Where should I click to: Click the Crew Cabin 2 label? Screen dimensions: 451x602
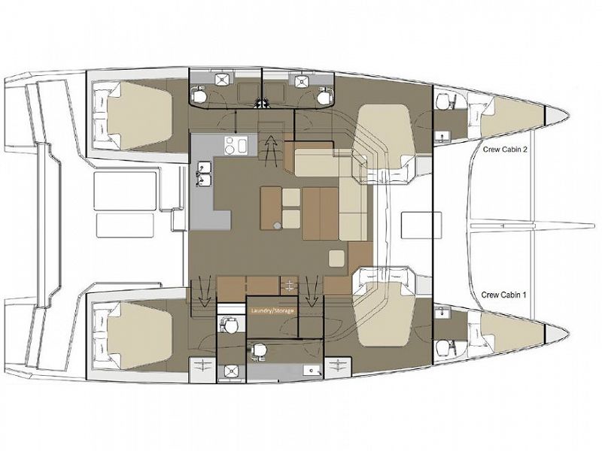pyautogui.click(x=503, y=150)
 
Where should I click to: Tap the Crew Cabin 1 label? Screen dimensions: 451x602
pyautogui.click(x=503, y=296)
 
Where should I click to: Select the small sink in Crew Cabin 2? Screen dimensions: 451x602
pyautogui.click(x=442, y=136)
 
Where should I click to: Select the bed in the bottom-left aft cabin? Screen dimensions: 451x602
pyautogui.click(x=132, y=334)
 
